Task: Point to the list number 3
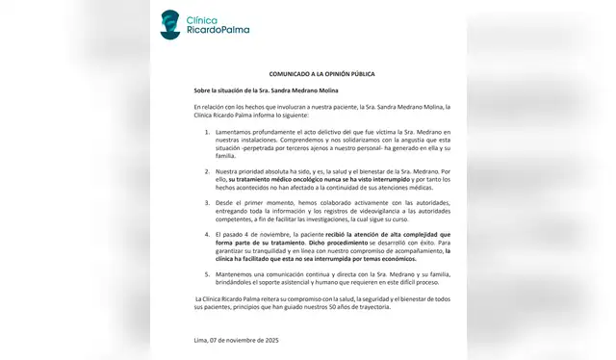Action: click(x=209, y=203)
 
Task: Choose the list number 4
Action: click(x=209, y=235)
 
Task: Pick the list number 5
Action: click(x=209, y=275)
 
